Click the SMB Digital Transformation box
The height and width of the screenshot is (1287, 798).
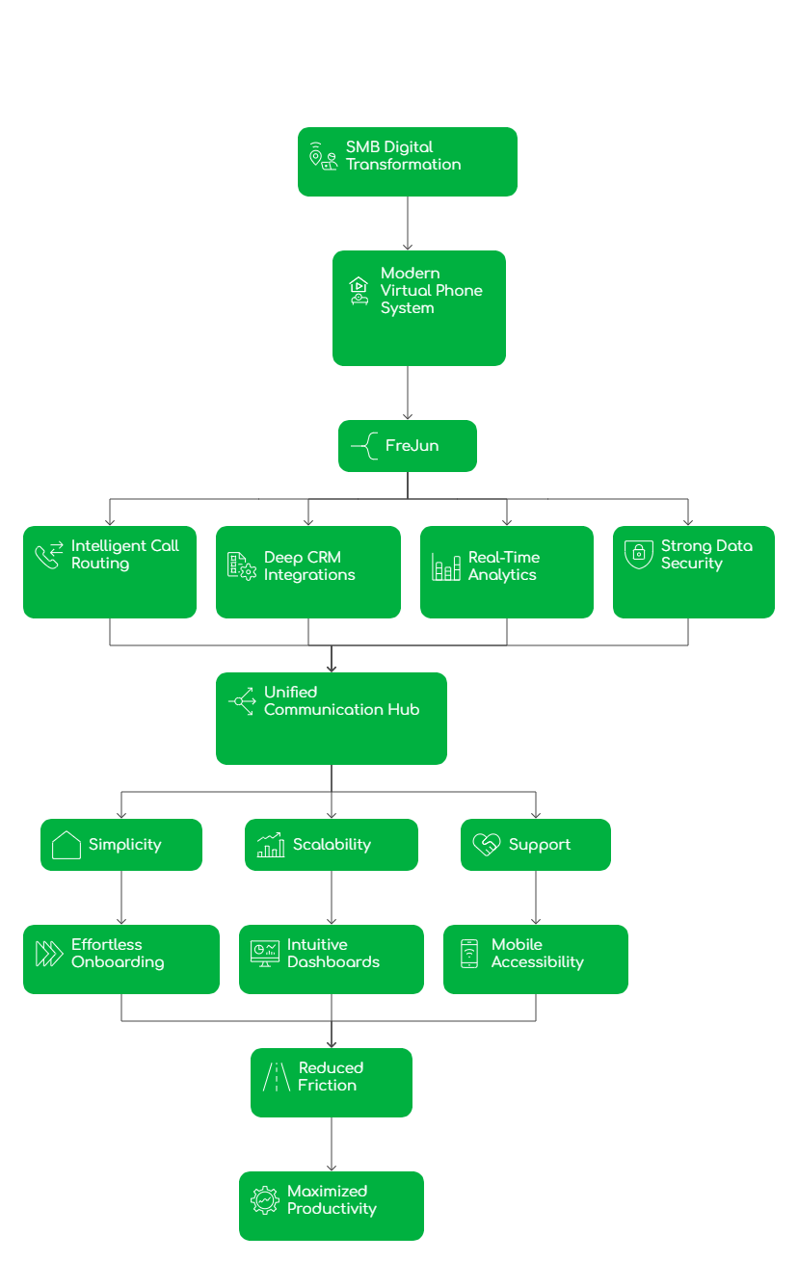pos(407,162)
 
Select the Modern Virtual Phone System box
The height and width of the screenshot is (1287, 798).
pos(418,308)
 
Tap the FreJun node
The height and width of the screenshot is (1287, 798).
pos(407,446)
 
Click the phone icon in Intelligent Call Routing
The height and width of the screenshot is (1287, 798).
pos(48,555)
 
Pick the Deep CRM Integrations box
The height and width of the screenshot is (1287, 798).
pos(307,571)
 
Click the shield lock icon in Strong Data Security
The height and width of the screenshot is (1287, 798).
pos(638,554)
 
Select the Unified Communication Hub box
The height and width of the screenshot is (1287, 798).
pos(331,718)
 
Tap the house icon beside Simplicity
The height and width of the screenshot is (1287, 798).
pos(66,845)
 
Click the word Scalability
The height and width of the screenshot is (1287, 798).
pos(332,845)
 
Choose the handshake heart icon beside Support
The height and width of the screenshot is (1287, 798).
pos(486,845)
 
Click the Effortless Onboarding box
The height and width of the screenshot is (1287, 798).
pos(121,959)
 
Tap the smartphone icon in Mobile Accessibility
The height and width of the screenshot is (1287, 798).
pos(469,954)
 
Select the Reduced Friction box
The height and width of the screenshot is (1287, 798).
pos(331,1082)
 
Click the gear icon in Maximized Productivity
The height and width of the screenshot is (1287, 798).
pos(264,1200)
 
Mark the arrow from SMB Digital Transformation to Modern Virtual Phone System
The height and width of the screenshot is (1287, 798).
pos(407,223)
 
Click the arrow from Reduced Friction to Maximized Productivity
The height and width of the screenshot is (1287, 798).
pos(332,1144)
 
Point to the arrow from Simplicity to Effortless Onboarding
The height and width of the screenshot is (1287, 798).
pos(121,898)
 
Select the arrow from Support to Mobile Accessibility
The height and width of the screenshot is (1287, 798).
pos(536,898)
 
